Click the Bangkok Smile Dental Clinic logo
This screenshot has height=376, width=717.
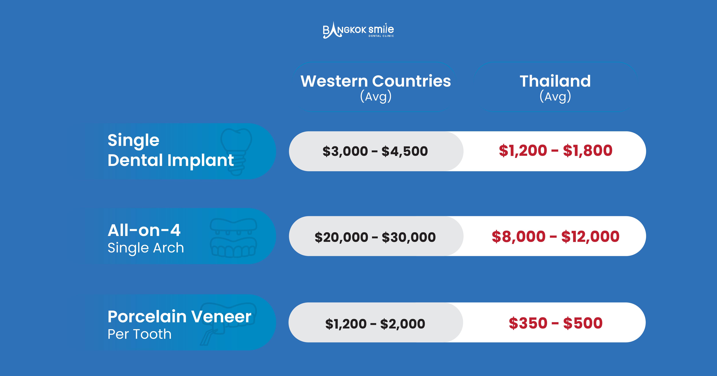pos(358,30)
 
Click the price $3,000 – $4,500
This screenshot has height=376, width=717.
pos(375,151)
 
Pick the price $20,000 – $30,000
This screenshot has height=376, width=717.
pos(375,237)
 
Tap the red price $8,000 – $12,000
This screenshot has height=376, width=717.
pos(556,237)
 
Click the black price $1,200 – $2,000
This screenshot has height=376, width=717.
pos(375,323)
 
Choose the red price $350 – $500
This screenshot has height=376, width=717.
pos(556,323)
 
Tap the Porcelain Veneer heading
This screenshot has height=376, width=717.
pos(179,317)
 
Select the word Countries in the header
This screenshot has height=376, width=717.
pos(411,81)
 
